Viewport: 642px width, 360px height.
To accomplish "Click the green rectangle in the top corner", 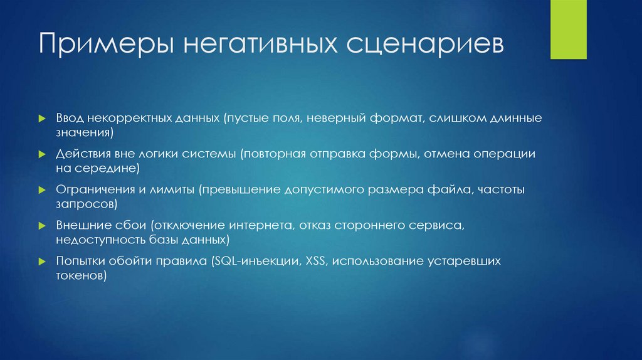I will point(568,29).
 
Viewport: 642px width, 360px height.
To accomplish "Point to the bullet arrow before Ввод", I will point(41,118).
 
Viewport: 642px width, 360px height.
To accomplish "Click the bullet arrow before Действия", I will point(41,154).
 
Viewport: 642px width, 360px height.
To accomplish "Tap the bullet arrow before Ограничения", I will point(41,189).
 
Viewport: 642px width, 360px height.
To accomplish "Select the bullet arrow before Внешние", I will point(41,225).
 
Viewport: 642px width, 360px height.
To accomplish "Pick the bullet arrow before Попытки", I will point(41,260).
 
